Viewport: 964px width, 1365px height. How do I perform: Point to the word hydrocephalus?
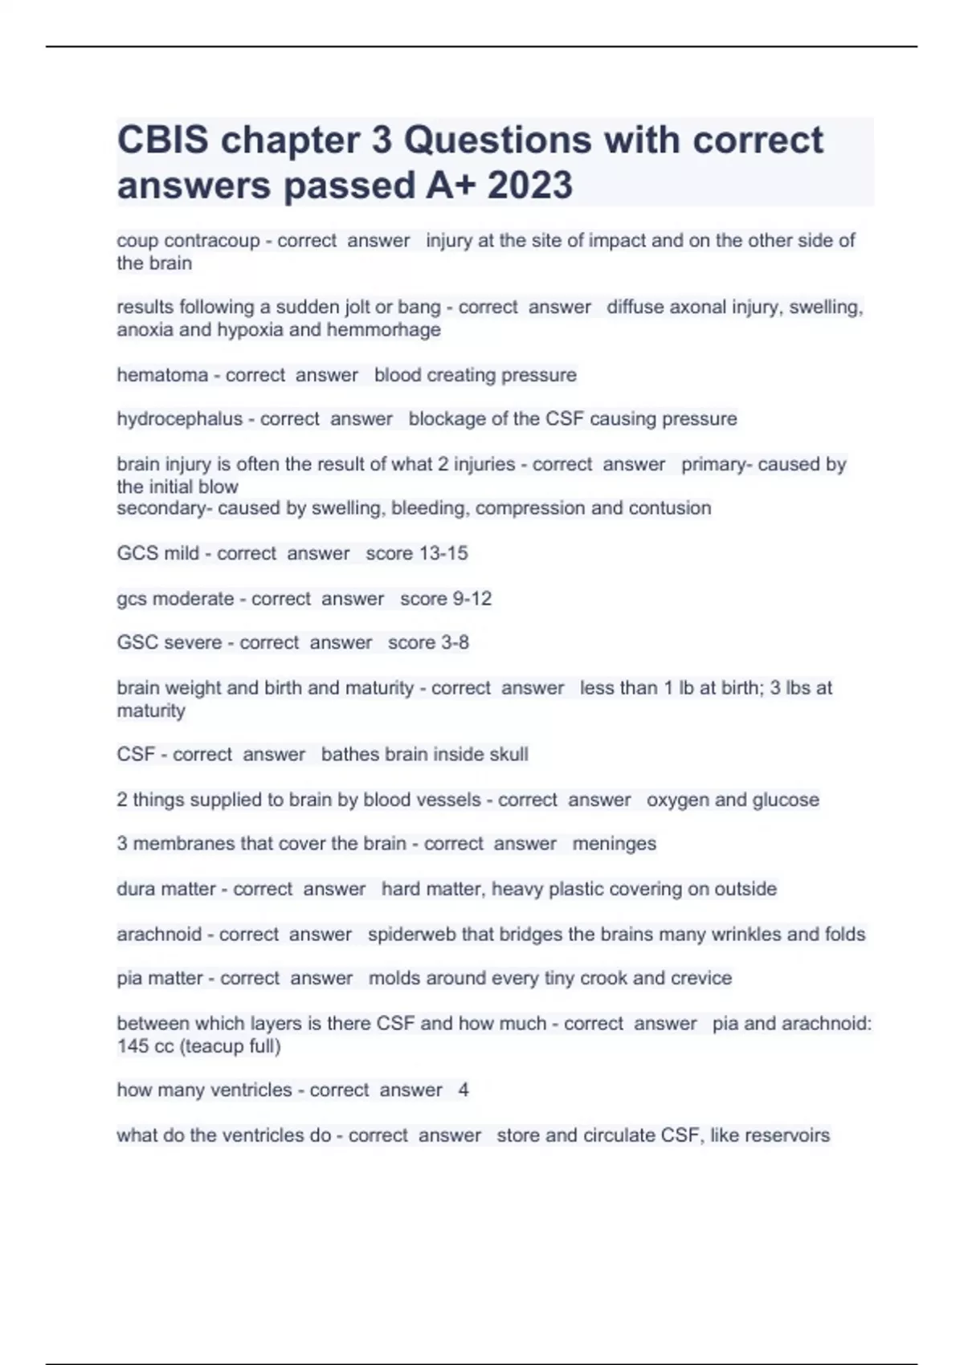click(x=179, y=419)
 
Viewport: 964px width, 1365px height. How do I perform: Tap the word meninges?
click(x=614, y=844)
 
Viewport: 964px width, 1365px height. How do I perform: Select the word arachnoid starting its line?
click(x=159, y=935)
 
